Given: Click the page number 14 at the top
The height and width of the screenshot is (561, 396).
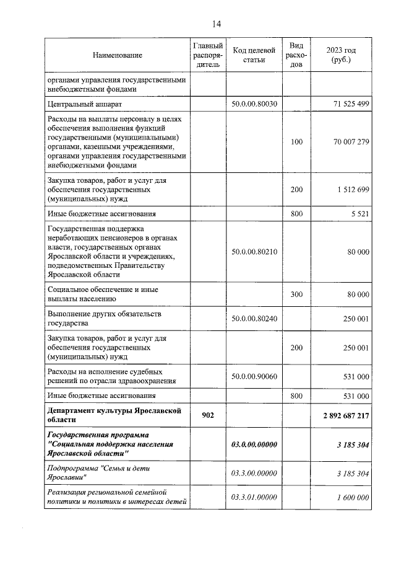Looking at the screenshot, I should [x=216, y=24].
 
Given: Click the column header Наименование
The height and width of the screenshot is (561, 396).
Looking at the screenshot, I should [x=118, y=55].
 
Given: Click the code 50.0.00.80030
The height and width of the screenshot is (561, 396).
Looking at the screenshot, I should [x=254, y=104].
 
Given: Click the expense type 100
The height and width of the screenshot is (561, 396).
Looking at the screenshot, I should [x=296, y=142].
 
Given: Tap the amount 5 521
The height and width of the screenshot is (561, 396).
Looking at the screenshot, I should [x=359, y=214].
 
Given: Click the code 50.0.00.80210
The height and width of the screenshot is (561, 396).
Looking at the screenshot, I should [x=254, y=252].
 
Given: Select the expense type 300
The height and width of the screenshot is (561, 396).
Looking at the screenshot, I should [x=296, y=295].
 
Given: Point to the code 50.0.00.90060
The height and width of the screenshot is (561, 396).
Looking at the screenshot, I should [x=254, y=376].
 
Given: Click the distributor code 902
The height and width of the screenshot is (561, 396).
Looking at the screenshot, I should [x=208, y=414].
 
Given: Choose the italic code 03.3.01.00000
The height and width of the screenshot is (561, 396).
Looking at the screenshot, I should [x=254, y=497].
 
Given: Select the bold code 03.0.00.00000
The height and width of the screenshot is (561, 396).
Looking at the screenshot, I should [x=254, y=444].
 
